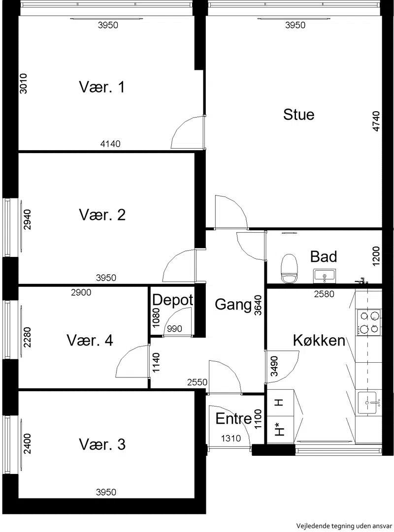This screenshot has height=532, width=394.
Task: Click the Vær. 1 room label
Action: click(x=102, y=87)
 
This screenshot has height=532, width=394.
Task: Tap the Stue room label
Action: click(x=298, y=115)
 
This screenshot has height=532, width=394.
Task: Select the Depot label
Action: click(x=172, y=300)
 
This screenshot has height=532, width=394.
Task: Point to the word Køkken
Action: click(x=319, y=340)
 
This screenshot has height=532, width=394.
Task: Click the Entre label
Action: click(x=233, y=419)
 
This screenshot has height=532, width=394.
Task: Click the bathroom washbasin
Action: click(x=325, y=275)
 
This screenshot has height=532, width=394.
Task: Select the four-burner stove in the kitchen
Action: click(x=368, y=322)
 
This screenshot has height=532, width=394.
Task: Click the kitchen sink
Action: click(x=368, y=403)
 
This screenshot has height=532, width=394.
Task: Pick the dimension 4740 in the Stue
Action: click(x=376, y=121)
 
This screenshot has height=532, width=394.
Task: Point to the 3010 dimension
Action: click(x=24, y=83)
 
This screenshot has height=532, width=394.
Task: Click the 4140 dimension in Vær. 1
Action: click(x=110, y=144)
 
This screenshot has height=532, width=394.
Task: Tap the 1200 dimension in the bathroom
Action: click(x=376, y=256)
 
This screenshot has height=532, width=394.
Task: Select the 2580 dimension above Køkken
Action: click(x=324, y=294)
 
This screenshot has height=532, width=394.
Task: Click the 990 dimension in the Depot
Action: click(x=174, y=328)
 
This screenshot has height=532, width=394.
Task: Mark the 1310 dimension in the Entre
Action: click(x=231, y=438)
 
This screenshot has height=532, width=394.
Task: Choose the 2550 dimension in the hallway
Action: click(x=197, y=382)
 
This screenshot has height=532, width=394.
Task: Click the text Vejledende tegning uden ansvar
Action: click(x=343, y=526)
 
